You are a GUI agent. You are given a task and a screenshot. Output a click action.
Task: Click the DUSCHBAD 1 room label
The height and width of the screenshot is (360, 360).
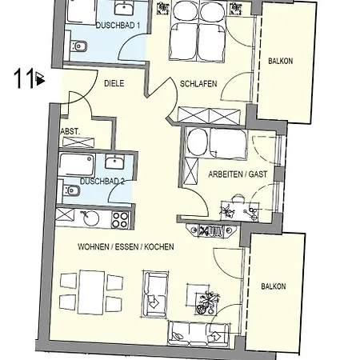tap(118, 26)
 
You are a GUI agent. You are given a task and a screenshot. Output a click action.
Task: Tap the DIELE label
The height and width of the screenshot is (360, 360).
tap(114, 83)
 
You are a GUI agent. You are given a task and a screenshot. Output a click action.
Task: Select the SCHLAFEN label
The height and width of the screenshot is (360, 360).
tap(198, 84)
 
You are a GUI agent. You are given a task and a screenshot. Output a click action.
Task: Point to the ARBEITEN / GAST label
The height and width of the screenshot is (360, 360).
tap(238, 174)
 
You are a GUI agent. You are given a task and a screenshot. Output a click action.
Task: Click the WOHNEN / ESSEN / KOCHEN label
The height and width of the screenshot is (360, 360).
tap(126, 246)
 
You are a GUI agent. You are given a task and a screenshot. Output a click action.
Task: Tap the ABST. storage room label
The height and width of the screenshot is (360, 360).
tap(70, 131)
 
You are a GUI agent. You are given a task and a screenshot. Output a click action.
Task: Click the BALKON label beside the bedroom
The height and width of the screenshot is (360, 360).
tap(281, 61)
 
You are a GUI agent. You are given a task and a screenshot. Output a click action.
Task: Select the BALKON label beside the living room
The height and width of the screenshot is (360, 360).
tap(274, 286)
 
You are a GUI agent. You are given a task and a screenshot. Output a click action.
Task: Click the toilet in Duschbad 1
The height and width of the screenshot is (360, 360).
tap(78, 46)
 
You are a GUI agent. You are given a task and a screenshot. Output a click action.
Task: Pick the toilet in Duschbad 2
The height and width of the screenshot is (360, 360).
tap(71, 190)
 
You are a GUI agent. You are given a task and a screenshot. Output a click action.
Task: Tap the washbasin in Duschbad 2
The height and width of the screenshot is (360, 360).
tap(114, 162)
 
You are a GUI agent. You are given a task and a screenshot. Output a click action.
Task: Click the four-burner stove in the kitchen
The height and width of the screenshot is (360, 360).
tap(120, 220)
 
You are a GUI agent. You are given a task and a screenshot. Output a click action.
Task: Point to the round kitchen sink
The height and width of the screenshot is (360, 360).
tap(91, 218)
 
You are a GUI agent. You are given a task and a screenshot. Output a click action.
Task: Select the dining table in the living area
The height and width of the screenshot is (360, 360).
tap(91, 292)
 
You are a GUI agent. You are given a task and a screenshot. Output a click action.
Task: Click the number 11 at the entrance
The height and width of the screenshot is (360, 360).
tap(24, 78)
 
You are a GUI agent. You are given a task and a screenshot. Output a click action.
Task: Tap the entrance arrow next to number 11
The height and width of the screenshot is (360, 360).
tap(40, 78)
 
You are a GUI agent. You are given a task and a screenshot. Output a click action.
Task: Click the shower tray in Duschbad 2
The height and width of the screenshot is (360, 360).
tap(77, 164)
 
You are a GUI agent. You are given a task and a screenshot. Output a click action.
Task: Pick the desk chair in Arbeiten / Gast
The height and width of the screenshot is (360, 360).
tap(238, 198)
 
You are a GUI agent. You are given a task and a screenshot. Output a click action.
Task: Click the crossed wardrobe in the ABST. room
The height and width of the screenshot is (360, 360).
tap(78, 142)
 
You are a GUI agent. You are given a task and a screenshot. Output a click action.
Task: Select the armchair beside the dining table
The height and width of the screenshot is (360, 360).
tap(156, 294)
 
